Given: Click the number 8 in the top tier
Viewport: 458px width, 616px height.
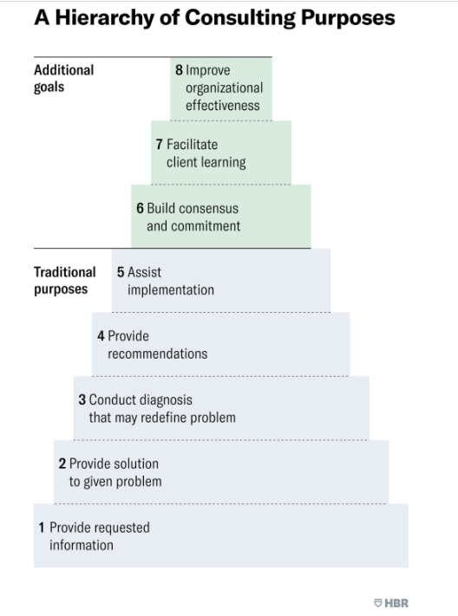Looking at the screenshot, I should (179, 70).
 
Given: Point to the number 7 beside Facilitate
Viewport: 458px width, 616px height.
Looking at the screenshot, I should (160, 145).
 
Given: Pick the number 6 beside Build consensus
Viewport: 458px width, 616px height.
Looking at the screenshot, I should (140, 209).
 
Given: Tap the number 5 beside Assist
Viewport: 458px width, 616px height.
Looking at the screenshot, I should (121, 272).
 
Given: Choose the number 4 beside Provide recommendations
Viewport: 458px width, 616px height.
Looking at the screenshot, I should (101, 335).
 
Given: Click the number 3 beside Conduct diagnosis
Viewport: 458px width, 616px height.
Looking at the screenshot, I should (82, 400).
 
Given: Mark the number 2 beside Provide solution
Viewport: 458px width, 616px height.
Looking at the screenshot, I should (62, 464).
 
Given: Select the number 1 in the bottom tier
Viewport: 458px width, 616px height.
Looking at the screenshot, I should (42, 527).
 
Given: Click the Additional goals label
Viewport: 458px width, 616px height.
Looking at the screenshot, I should (63, 78).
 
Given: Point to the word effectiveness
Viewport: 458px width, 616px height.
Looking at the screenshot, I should (222, 106).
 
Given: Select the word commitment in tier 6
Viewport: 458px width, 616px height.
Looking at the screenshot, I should (206, 226).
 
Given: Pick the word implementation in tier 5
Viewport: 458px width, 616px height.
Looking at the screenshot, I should (170, 289).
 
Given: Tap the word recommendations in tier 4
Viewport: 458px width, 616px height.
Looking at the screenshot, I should (157, 353).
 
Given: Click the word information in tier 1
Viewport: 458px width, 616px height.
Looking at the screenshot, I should (81, 545).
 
